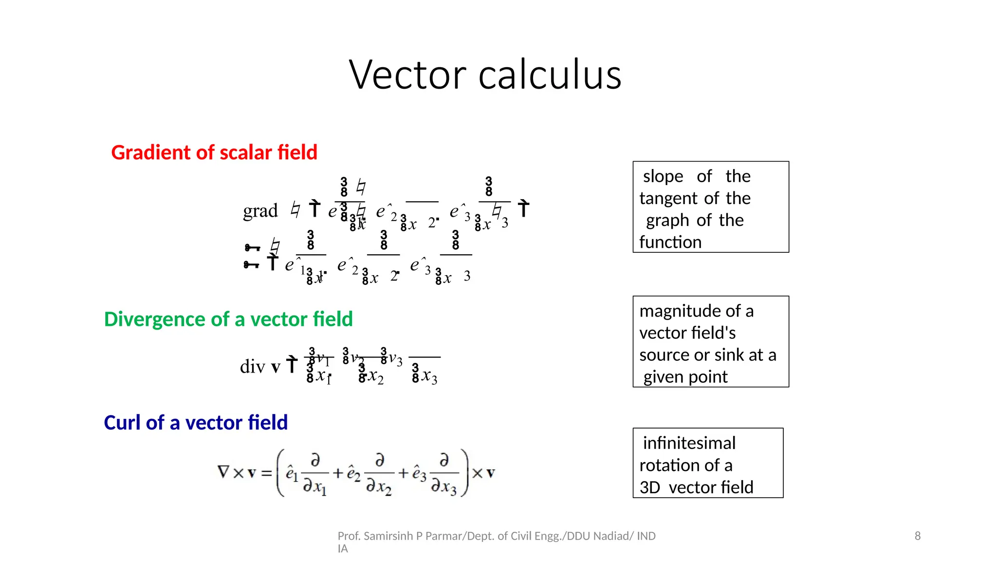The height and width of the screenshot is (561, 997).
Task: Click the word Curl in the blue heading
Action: click(x=122, y=423)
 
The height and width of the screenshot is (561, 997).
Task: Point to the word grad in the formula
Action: click(x=260, y=211)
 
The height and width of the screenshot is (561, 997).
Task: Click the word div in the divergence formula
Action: click(x=252, y=366)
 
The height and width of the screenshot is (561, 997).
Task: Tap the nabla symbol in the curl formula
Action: click(x=223, y=472)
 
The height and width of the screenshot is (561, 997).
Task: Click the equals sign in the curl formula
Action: click(x=266, y=473)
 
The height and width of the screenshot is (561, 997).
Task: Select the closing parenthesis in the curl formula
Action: click(x=465, y=472)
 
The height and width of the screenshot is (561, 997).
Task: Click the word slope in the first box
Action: click(x=663, y=176)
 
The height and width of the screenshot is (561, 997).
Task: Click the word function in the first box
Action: click(x=670, y=242)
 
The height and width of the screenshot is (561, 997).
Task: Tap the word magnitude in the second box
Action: click(x=675, y=311)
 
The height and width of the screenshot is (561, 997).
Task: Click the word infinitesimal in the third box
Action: click(x=689, y=443)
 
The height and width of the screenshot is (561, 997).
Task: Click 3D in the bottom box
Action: click(x=649, y=487)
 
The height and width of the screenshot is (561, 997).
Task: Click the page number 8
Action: click(x=918, y=536)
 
